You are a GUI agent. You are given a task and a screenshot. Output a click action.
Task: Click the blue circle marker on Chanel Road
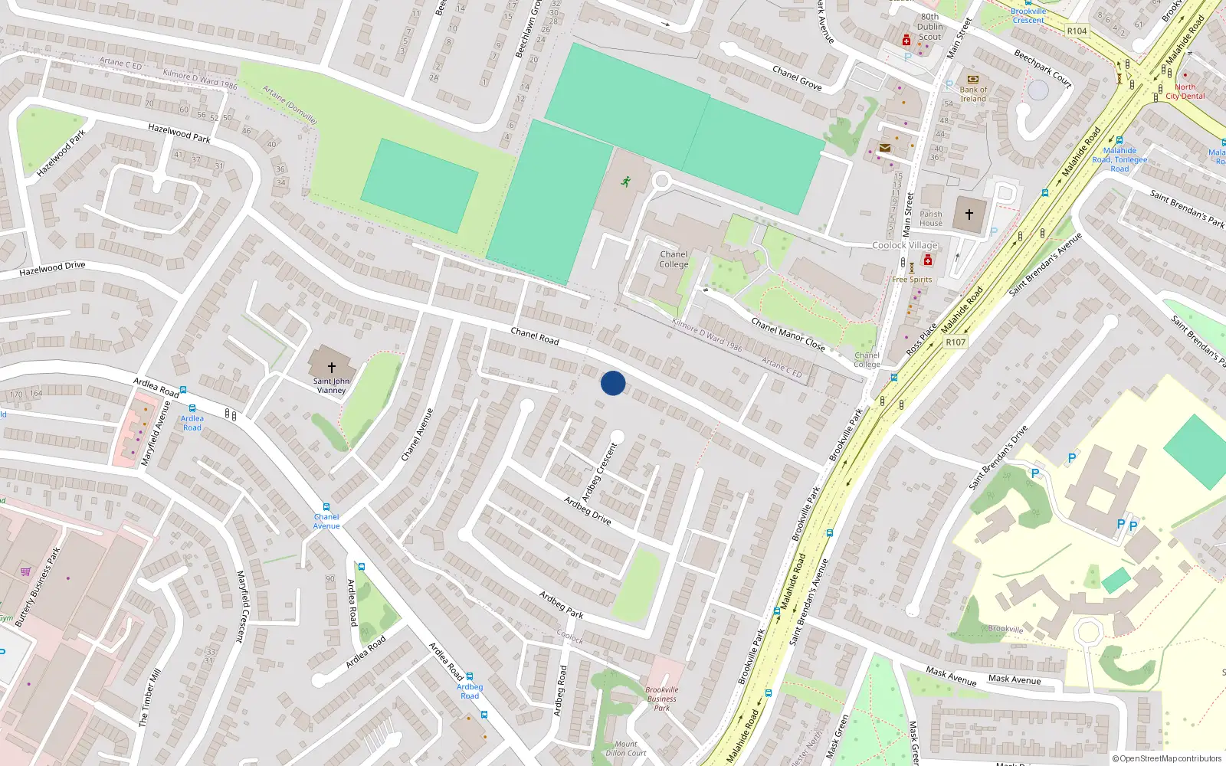(x=613, y=383)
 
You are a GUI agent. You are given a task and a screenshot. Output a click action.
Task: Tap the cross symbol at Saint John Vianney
(x=332, y=368)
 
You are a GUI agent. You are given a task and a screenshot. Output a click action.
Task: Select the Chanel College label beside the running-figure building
(x=674, y=260)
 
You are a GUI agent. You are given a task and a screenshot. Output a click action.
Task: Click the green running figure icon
(x=626, y=182)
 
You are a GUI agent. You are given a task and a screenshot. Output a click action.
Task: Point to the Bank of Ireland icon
(x=973, y=80)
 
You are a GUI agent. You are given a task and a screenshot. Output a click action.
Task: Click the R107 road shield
(x=956, y=342)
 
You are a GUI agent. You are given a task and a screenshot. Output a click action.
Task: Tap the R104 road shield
(x=1077, y=31)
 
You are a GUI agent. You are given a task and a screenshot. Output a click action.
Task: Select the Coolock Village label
(x=905, y=245)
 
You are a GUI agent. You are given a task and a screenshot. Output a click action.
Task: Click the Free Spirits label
(x=912, y=280)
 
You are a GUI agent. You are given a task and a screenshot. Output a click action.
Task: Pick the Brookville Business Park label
(x=662, y=699)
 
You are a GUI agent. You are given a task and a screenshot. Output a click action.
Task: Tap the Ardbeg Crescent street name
(x=599, y=472)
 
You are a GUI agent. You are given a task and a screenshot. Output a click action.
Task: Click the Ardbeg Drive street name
(x=588, y=511)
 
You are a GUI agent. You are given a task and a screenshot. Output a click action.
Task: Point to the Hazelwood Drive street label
(x=52, y=268)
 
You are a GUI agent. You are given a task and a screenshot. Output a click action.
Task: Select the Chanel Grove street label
(x=797, y=78)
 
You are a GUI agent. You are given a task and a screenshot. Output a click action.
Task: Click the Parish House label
(x=931, y=219)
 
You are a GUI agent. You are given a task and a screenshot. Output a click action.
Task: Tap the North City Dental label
(x=1185, y=92)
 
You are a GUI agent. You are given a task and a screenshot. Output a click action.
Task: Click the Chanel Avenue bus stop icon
(x=326, y=507)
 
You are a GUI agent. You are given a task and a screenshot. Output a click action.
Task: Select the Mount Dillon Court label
(x=626, y=748)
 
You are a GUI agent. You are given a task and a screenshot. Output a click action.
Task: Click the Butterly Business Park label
(x=38, y=587)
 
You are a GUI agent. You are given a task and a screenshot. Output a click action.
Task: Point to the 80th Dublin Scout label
(x=930, y=27)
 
